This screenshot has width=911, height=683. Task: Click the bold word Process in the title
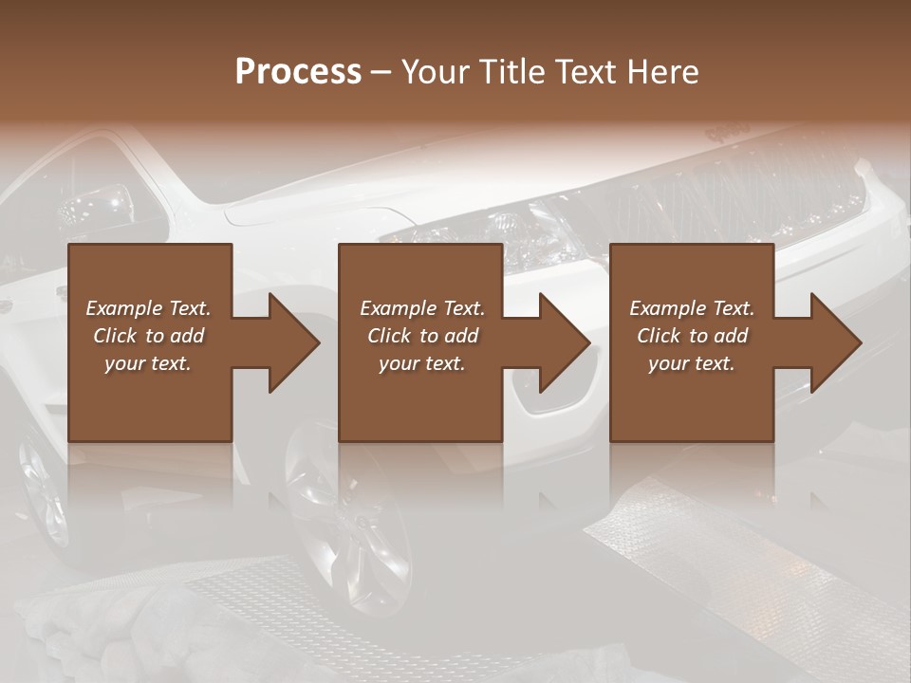point(298,72)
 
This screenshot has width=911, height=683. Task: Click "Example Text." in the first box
point(149,308)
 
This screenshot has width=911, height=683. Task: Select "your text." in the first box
point(149,363)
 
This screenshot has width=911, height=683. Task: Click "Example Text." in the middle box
point(422,308)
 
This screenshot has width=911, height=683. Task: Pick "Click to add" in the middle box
point(422,336)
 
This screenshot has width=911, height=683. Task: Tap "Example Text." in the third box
point(692,308)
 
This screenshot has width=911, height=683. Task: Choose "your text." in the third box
point(692,363)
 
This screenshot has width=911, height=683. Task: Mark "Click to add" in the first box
point(149,336)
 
